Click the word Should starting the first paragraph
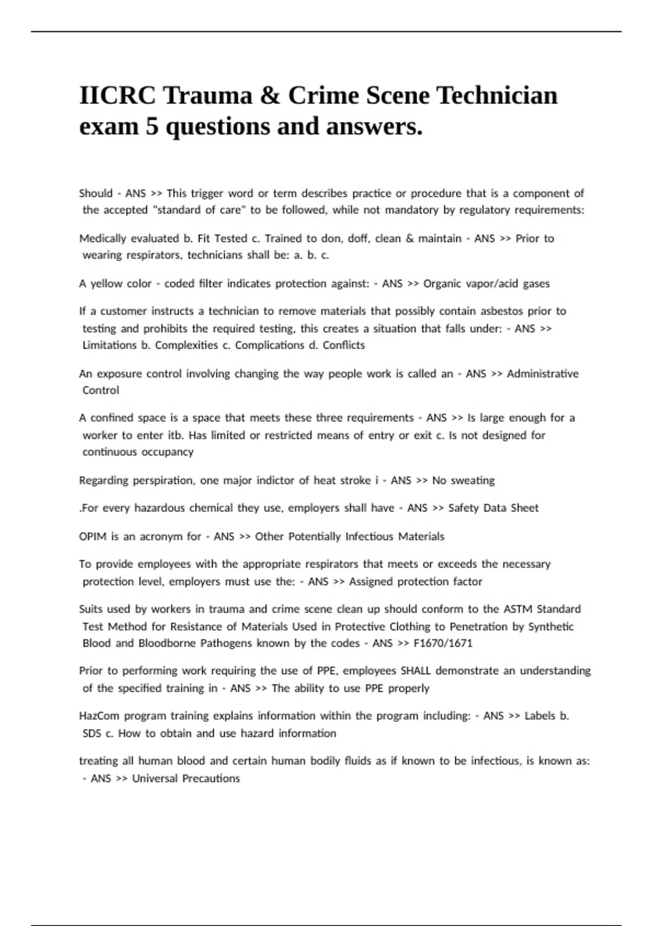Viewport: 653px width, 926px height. (x=96, y=193)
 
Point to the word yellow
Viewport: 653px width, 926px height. (x=107, y=284)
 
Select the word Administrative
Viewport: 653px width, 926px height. (x=543, y=374)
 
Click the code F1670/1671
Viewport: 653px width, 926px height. (x=443, y=643)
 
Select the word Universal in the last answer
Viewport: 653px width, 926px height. (x=154, y=779)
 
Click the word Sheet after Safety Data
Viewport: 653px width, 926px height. (x=524, y=508)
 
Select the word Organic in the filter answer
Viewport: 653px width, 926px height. (x=442, y=284)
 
